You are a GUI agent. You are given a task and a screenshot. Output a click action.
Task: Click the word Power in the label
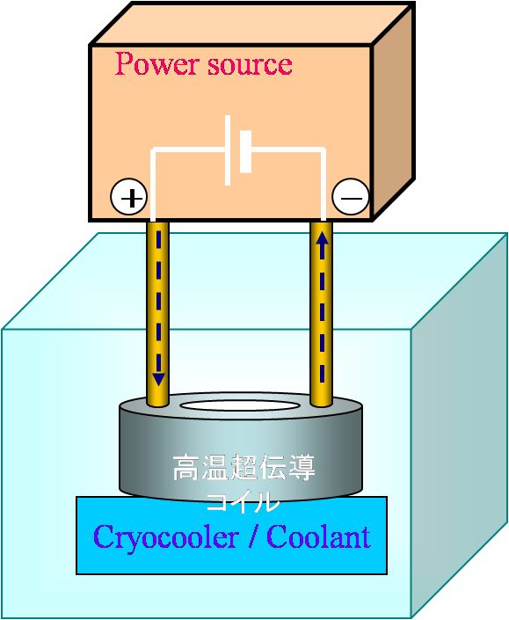(156, 63)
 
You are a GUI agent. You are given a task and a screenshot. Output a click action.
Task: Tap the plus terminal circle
(129, 197)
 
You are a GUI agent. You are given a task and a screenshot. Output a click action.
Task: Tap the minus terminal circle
(351, 197)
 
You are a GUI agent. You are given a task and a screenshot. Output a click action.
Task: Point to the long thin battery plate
(228, 150)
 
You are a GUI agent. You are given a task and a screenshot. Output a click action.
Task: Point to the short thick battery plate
(246, 151)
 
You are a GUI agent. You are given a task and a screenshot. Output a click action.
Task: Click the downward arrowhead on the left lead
(158, 379)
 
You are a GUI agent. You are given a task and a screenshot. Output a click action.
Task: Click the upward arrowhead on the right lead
(323, 239)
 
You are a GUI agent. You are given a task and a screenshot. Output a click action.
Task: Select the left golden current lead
(158, 314)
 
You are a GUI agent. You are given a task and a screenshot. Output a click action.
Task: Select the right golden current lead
(322, 314)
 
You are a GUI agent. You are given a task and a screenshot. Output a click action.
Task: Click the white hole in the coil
(239, 405)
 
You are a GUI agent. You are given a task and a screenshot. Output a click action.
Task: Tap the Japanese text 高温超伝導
(244, 467)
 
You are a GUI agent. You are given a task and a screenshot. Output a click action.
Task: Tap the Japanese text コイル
(243, 501)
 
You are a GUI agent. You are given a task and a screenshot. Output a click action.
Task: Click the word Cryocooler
(166, 537)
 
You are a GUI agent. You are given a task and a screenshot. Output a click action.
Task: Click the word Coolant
(319, 536)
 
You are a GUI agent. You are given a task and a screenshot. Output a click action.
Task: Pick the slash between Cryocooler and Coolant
(253, 536)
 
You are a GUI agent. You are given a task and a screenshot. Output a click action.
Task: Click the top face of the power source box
(252, 24)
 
